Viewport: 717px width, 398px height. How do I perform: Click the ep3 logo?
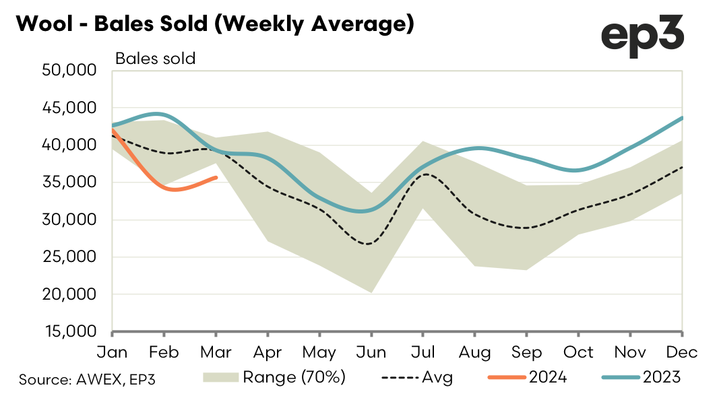click(642, 35)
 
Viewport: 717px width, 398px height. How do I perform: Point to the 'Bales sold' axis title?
click(155, 59)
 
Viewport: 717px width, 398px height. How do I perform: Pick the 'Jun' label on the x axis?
click(371, 352)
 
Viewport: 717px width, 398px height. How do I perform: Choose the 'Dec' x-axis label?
click(681, 352)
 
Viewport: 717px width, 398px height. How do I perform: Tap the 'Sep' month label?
click(526, 352)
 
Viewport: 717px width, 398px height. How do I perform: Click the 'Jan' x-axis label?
click(113, 352)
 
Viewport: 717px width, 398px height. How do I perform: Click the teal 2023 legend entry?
click(644, 378)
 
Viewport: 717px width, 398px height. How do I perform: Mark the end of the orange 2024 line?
click(216, 177)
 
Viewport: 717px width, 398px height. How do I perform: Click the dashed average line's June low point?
click(369, 244)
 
